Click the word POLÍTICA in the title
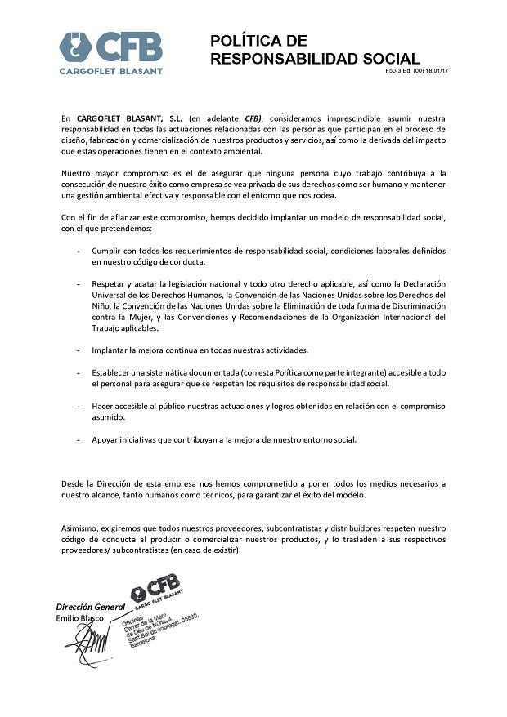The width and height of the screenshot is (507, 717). coord(246,42)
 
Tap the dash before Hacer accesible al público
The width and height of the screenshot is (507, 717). coord(79,406)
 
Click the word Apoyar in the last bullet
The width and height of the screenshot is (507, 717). coord(106,439)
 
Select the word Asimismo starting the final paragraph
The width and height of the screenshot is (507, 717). coord(80,528)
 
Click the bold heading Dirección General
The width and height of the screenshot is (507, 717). coord(90,607)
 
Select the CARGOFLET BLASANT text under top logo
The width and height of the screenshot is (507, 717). coord(110,71)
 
